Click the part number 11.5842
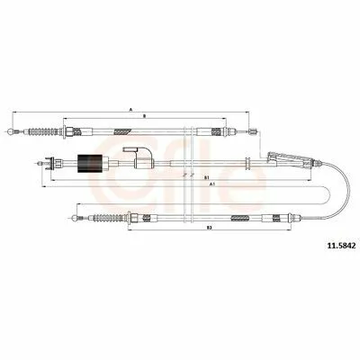(x=342, y=246)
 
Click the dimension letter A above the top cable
(x=130, y=110)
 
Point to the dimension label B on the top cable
(x=144, y=115)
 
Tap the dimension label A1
(x=212, y=184)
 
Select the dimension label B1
(x=206, y=177)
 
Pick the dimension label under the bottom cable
(x=209, y=228)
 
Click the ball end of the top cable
(x=11, y=131)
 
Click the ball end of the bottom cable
(x=76, y=218)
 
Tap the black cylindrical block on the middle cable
(x=90, y=164)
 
